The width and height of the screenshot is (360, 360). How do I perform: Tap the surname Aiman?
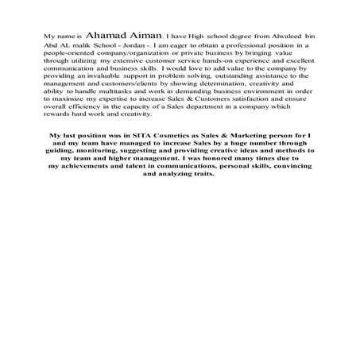point(143,36)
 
